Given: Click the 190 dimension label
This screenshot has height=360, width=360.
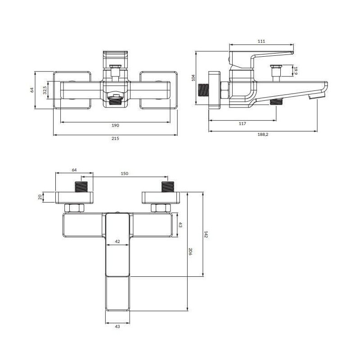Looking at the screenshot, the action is tap(115, 126).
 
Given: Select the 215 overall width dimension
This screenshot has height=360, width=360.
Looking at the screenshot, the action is tap(115, 139).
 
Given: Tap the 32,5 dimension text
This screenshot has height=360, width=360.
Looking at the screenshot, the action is tap(45, 90).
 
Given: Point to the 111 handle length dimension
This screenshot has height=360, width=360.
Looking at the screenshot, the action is tap(261, 41).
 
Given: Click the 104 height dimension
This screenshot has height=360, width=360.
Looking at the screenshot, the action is tap(193, 78).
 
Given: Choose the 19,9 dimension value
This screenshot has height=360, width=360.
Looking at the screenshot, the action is tap(296, 71).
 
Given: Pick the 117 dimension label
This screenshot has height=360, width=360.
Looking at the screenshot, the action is tap(243, 124).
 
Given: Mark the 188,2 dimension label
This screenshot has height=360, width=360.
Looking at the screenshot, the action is tap(263, 135).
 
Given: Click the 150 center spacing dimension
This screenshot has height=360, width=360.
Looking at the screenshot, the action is tap(125, 174).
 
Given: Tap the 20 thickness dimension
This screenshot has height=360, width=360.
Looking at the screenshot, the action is tap(40, 197).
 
